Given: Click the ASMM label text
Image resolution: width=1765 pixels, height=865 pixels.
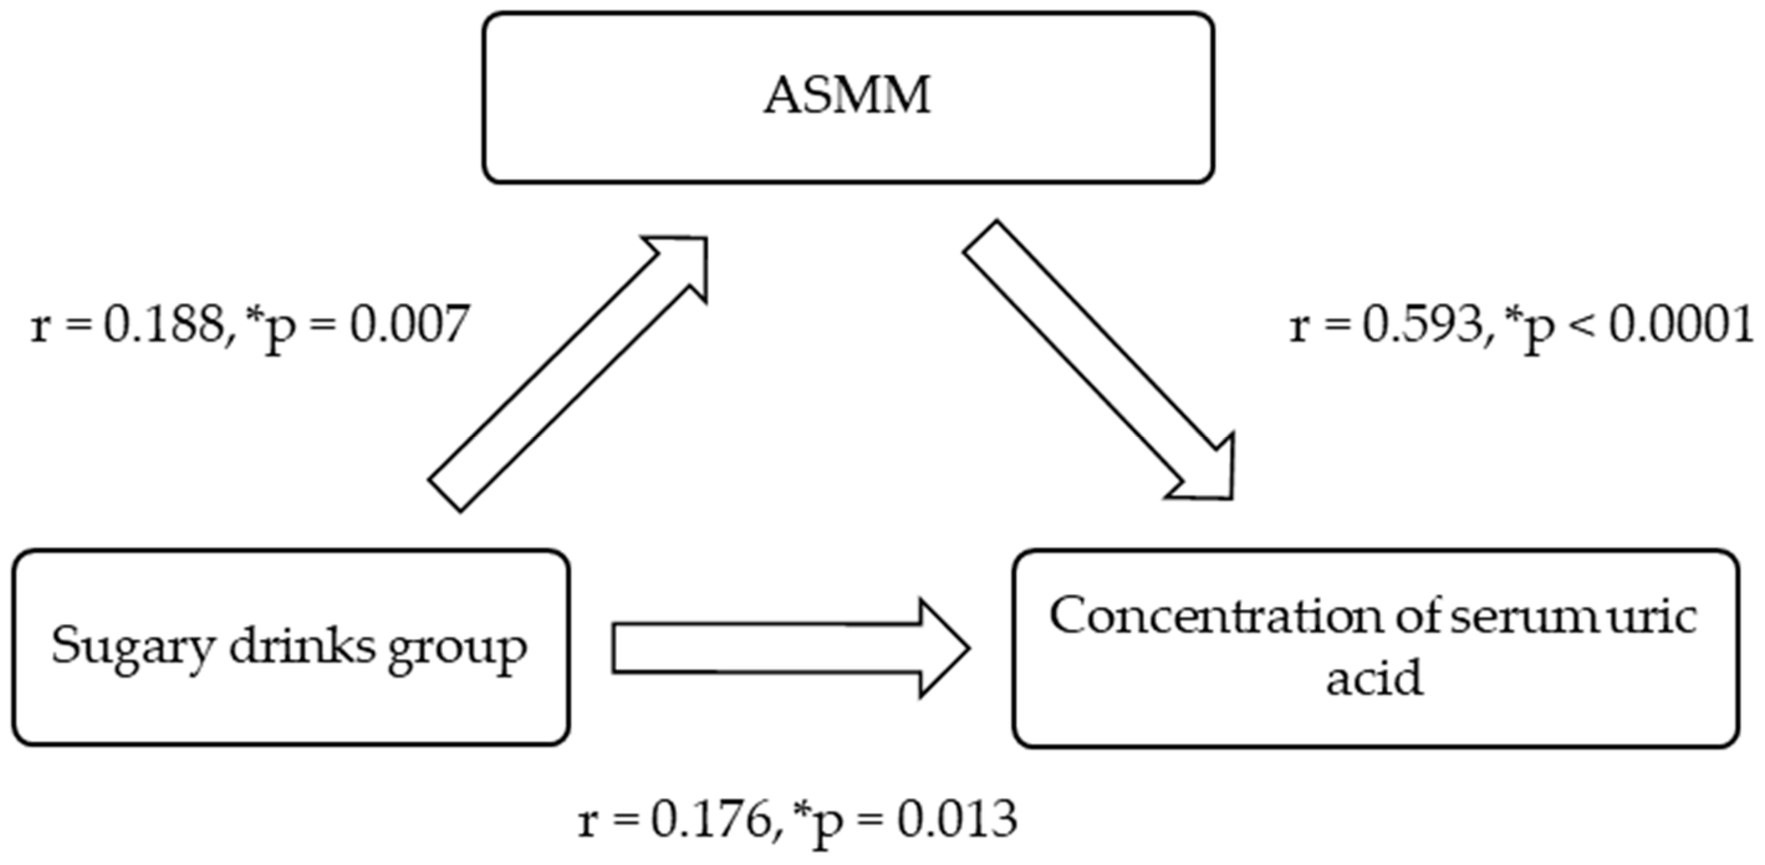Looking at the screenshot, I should click(848, 96).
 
